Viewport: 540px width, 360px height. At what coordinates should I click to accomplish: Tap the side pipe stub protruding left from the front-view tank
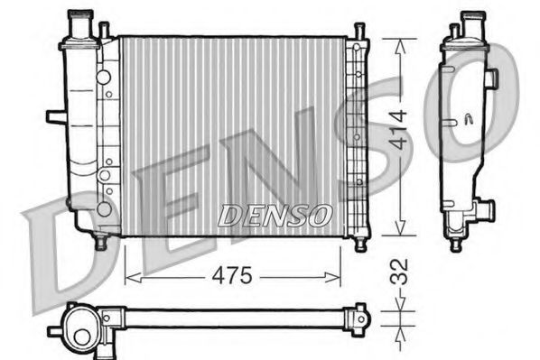[54, 115]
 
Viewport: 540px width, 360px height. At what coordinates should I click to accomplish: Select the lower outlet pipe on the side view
[485, 211]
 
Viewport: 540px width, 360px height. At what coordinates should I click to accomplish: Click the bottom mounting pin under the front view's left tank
[100, 242]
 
